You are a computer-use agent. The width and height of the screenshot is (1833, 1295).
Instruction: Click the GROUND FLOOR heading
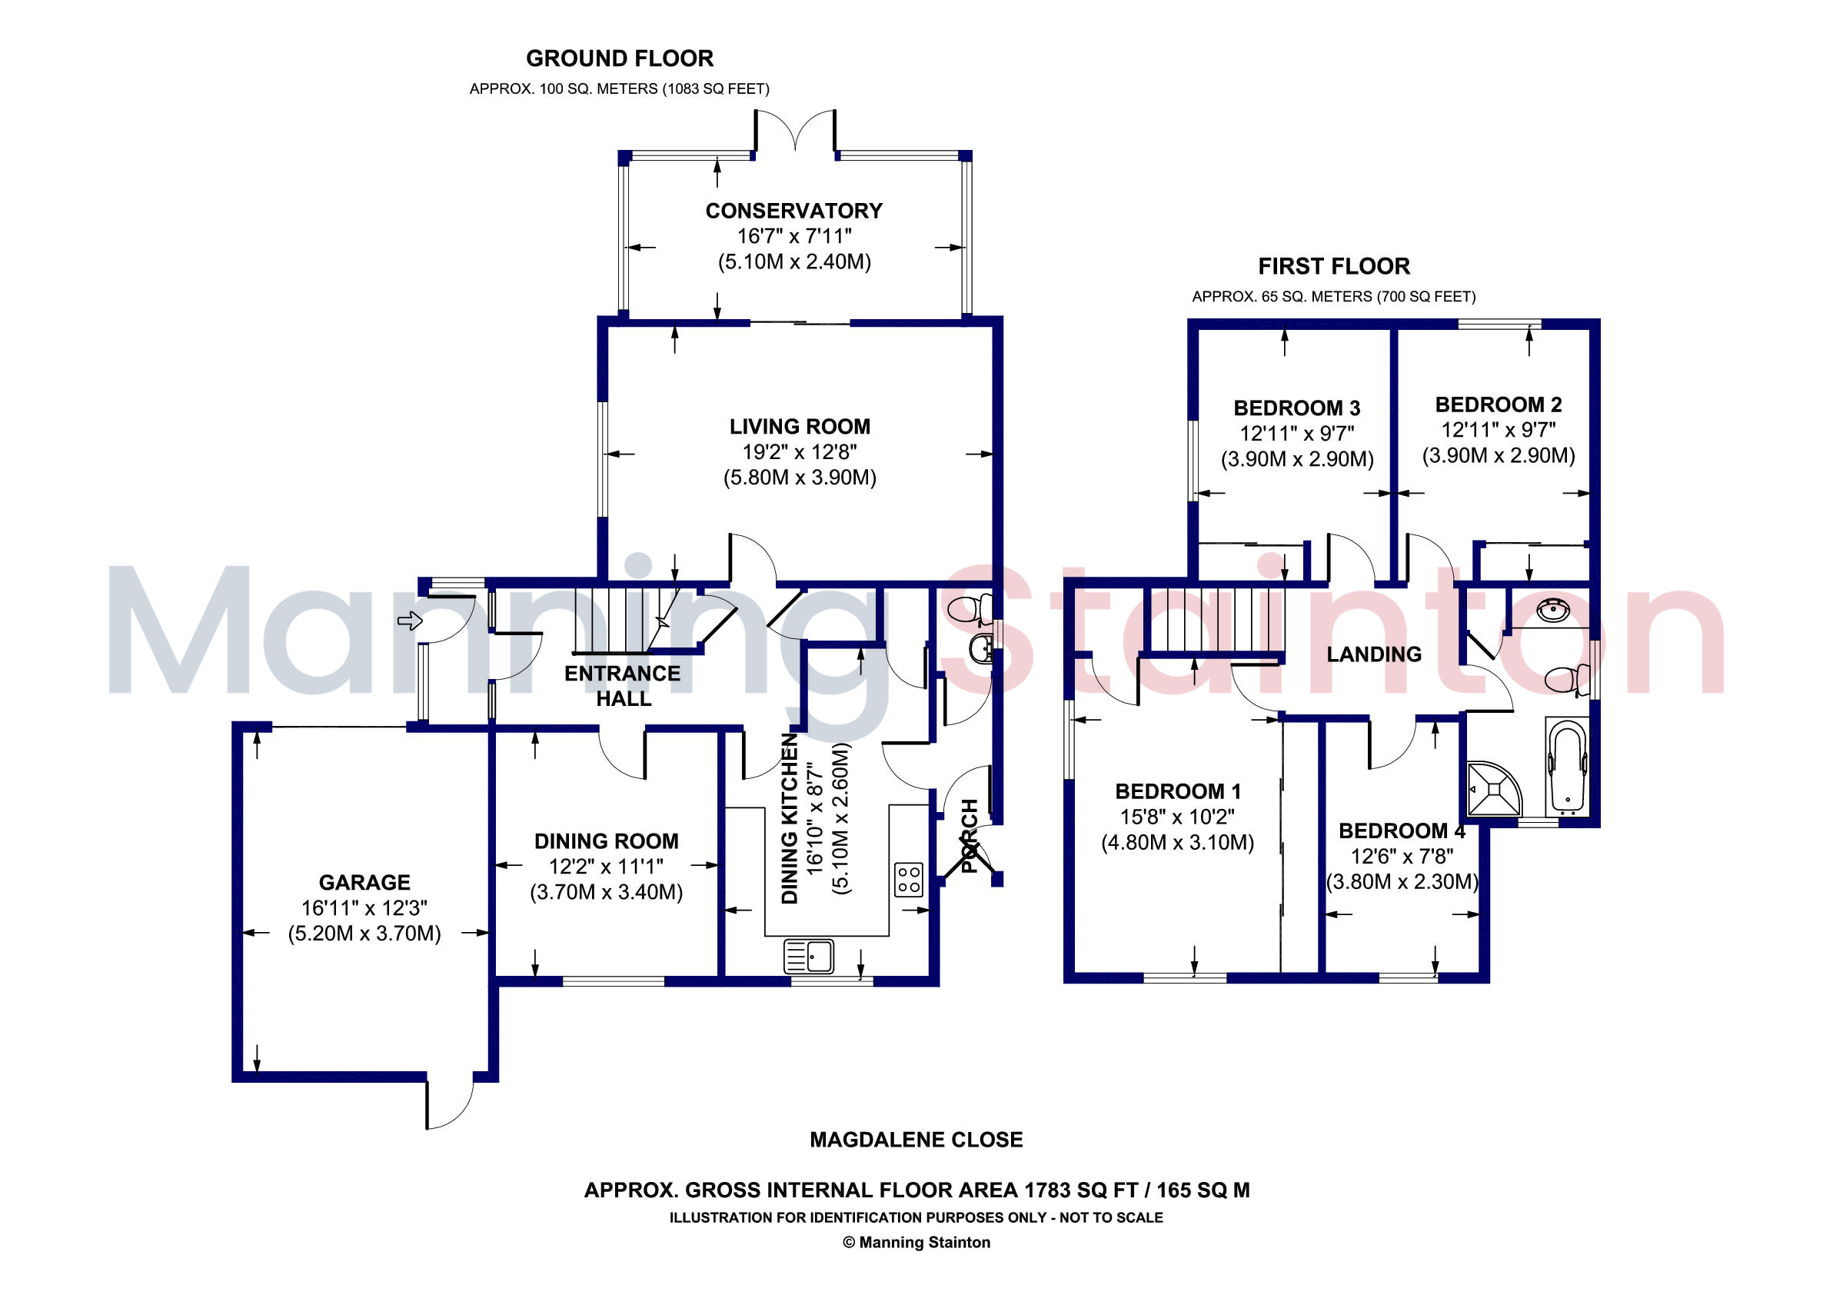(620, 58)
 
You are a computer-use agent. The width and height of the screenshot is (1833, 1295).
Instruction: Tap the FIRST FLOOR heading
(1334, 266)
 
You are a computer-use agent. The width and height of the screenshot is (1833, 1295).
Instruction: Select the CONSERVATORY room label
(793, 211)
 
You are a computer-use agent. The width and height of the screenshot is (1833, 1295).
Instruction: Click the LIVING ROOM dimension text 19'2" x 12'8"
(799, 452)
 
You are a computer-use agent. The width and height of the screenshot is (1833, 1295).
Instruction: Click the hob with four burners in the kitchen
(909, 880)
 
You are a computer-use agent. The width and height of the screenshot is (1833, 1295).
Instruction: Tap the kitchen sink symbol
(809, 956)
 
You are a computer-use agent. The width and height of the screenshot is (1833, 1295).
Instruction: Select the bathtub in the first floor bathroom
(1567, 767)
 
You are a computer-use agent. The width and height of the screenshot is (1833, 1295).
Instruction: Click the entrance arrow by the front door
(410, 621)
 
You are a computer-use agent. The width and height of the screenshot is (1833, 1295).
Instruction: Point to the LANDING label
(1374, 654)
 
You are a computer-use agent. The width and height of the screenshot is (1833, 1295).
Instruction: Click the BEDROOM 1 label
(1178, 791)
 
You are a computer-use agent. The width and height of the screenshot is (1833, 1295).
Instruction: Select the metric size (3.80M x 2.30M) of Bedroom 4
(1402, 881)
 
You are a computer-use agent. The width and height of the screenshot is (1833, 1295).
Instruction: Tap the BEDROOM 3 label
(1296, 408)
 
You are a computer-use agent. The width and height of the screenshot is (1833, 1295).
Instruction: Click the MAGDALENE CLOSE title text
(916, 1140)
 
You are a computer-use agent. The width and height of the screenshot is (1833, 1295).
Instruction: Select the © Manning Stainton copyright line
(916, 1242)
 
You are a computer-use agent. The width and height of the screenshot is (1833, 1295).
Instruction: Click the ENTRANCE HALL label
(623, 686)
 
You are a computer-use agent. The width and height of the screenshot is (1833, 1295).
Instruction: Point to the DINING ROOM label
(606, 841)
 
